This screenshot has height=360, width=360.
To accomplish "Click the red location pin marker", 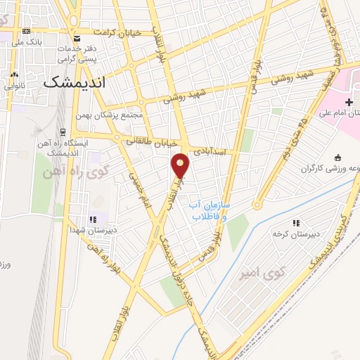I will (x=181, y=166).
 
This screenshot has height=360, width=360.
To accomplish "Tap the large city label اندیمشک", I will (x=74, y=82).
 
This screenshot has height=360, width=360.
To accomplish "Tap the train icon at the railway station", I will (x=63, y=131).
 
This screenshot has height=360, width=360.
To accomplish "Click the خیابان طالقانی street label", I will (x=150, y=141).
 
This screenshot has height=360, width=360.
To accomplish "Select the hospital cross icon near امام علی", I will (x=349, y=103).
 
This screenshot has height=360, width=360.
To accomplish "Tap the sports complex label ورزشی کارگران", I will (x=331, y=169).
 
